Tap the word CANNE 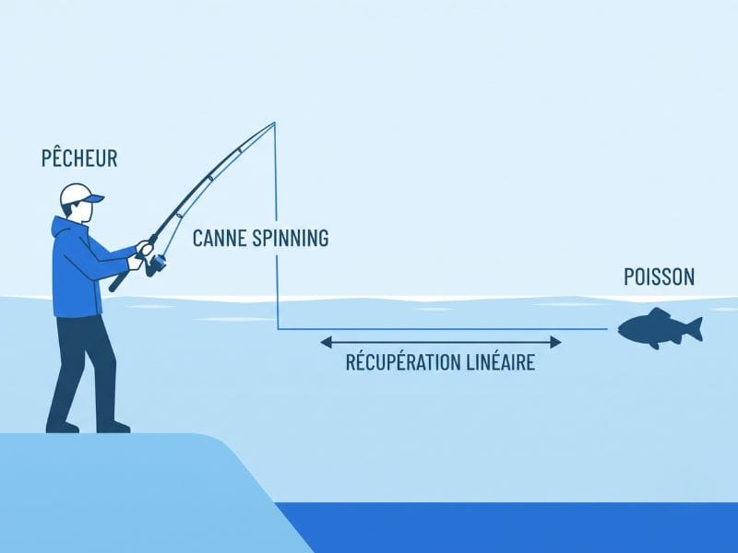[220, 238]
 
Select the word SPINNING [291, 238]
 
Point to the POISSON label [659, 276]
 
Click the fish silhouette [660, 328]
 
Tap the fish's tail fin [695, 329]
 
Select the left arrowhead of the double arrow [326, 342]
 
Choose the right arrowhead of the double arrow [556, 342]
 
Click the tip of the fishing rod [274, 123]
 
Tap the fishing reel [156, 265]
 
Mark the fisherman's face [84, 213]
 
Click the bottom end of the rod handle [113, 288]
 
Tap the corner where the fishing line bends [278, 329]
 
